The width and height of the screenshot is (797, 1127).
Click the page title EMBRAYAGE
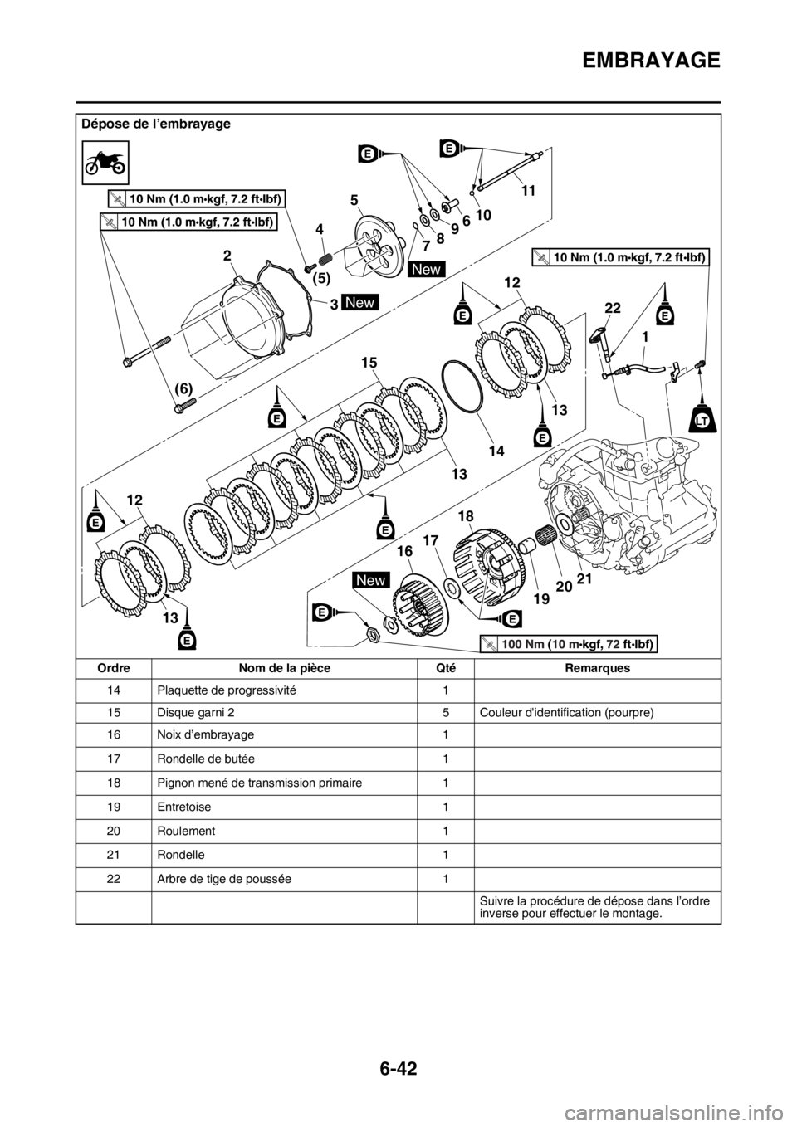[x=652, y=60]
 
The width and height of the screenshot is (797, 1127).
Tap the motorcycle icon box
[x=105, y=163]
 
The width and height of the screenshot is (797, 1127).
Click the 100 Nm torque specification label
[x=569, y=643]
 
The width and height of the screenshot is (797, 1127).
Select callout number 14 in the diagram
[x=496, y=451]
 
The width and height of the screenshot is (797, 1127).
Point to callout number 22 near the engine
[x=613, y=308]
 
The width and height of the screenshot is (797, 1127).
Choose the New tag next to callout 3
[x=360, y=302]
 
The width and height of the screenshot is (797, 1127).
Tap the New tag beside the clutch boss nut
[x=371, y=580]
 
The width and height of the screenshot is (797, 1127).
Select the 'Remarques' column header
[x=597, y=668]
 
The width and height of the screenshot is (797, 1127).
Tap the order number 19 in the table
[x=114, y=807]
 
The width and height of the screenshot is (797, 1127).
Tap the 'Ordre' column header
[x=114, y=668]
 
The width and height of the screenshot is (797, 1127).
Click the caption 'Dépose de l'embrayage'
[x=156, y=124]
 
